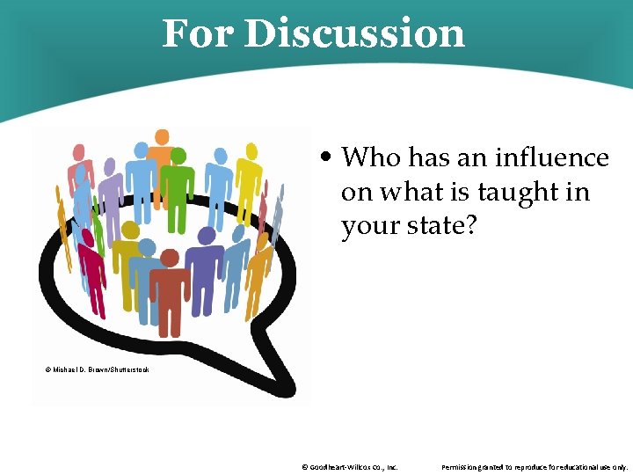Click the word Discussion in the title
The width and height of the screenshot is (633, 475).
pos(354,33)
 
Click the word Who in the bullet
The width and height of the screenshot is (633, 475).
pos(370,157)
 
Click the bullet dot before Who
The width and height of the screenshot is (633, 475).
pos(327,158)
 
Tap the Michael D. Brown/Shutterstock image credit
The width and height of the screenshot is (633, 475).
pos(97,369)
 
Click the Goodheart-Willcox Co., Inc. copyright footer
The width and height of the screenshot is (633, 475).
pos(349,467)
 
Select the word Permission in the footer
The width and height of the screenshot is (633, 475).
pos(464,467)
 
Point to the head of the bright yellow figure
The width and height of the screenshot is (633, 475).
pos(251,150)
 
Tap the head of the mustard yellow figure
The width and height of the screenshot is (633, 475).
pos(131,231)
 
